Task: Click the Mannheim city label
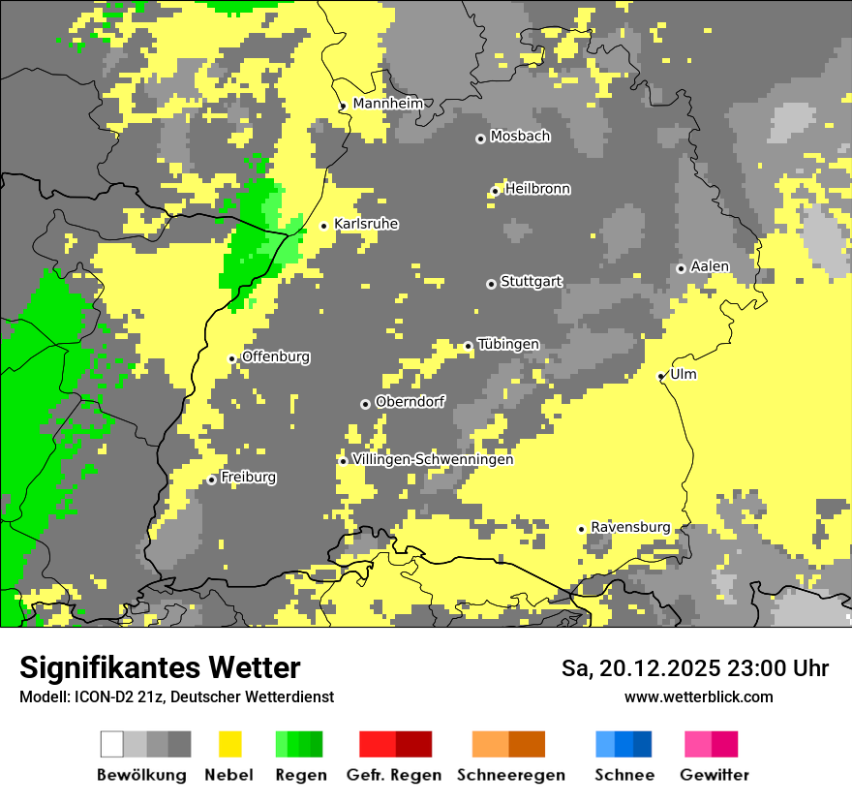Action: pos(387,104)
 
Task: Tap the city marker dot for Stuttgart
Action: pos(491,284)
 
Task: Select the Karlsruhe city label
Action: pos(366,224)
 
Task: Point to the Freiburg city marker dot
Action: pos(212,479)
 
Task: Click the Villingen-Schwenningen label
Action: pos(433,459)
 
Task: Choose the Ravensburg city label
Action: pos(630,527)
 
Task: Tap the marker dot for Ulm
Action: pos(661,376)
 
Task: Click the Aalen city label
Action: pos(710,266)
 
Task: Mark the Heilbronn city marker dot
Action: pos(495,191)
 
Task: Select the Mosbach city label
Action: pos(520,137)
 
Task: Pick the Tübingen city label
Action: pos(508,344)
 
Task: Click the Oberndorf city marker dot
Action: pos(365,404)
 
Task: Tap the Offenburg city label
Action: pos(276,356)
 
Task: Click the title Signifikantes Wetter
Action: pos(160,667)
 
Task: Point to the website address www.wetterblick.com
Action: pos(698,696)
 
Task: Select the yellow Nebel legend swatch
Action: pos(230,744)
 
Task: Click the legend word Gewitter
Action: pos(714,775)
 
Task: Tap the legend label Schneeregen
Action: pos(510,775)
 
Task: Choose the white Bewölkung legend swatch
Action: pos(112,744)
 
